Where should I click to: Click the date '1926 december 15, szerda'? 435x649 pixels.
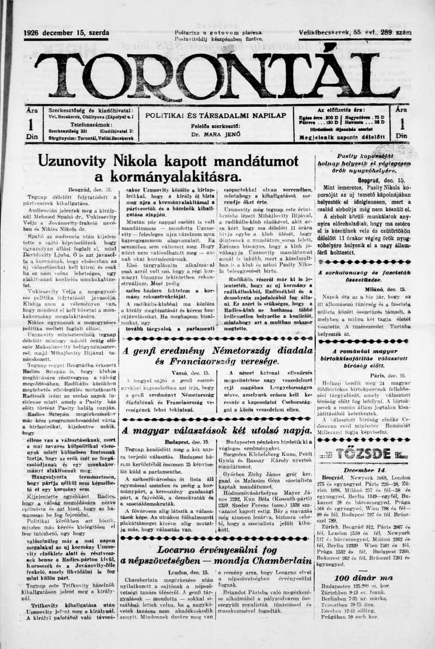[x=66, y=33]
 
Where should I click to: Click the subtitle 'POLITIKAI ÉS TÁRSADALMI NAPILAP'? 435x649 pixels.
[x=215, y=115]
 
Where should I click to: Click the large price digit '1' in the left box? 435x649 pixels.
[x=32, y=125]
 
